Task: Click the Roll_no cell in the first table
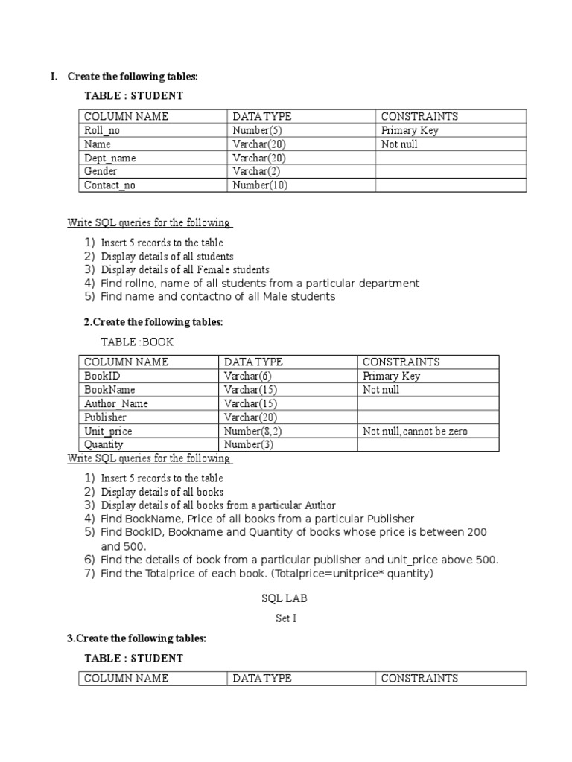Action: (102, 130)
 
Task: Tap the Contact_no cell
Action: (109, 185)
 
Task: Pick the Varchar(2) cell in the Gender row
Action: (255, 172)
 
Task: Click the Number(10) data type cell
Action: (260, 185)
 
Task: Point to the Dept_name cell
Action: (110, 158)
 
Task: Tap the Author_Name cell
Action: (116, 403)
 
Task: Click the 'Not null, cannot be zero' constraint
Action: (416, 432)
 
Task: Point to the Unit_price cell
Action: (108, 432)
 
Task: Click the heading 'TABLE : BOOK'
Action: (136, 342)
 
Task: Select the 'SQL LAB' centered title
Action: (284, 598)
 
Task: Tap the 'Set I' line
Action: (285, 618)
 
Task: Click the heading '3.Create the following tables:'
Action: (136, 638)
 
